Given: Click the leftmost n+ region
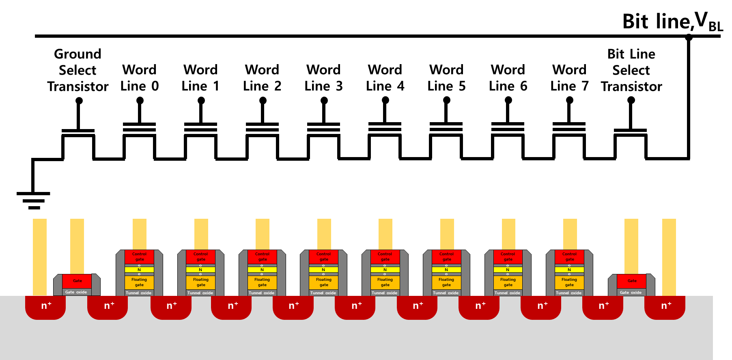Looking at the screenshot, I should point(45,307).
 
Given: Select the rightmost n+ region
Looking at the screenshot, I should point(665,307).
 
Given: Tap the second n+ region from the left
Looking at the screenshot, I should point(108,307).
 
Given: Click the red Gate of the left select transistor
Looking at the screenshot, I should point(77,281).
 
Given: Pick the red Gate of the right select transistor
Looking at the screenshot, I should point(632,281).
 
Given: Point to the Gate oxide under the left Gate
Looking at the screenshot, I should point(76,292).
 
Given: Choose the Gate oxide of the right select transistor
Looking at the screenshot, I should point(631,292).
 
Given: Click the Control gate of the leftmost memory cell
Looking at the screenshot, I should point(139,257).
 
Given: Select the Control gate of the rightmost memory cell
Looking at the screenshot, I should point(569,257).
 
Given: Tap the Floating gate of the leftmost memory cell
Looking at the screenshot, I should point(139,282).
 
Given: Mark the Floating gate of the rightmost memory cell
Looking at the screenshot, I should point(569,282).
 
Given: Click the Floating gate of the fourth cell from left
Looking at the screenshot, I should point(323,282).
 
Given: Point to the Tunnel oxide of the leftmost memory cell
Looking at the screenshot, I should point(139,293).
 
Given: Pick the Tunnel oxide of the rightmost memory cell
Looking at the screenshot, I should point(569,293).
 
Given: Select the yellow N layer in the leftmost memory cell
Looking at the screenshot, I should point(139,269).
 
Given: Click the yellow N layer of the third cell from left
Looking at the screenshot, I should point(262,269).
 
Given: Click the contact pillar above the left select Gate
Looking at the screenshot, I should point(77,246).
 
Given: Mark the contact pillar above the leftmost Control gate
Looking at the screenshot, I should point(140,234).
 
